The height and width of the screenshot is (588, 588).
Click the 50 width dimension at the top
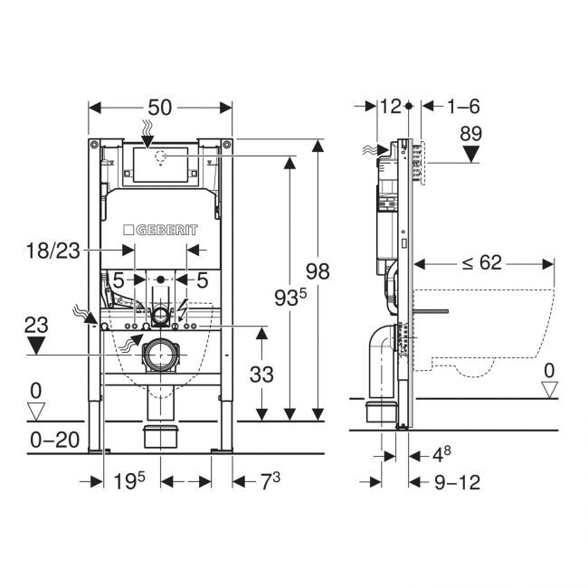[160, 107]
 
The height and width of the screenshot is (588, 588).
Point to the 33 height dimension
[261, 372]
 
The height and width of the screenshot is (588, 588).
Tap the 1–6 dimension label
[464, 107]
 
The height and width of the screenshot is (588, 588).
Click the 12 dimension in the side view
[390, 107]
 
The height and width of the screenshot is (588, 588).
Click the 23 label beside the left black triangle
[35, 322]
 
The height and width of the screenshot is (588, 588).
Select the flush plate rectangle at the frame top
[160, 164]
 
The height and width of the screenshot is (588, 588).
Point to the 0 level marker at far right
[549, 372]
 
